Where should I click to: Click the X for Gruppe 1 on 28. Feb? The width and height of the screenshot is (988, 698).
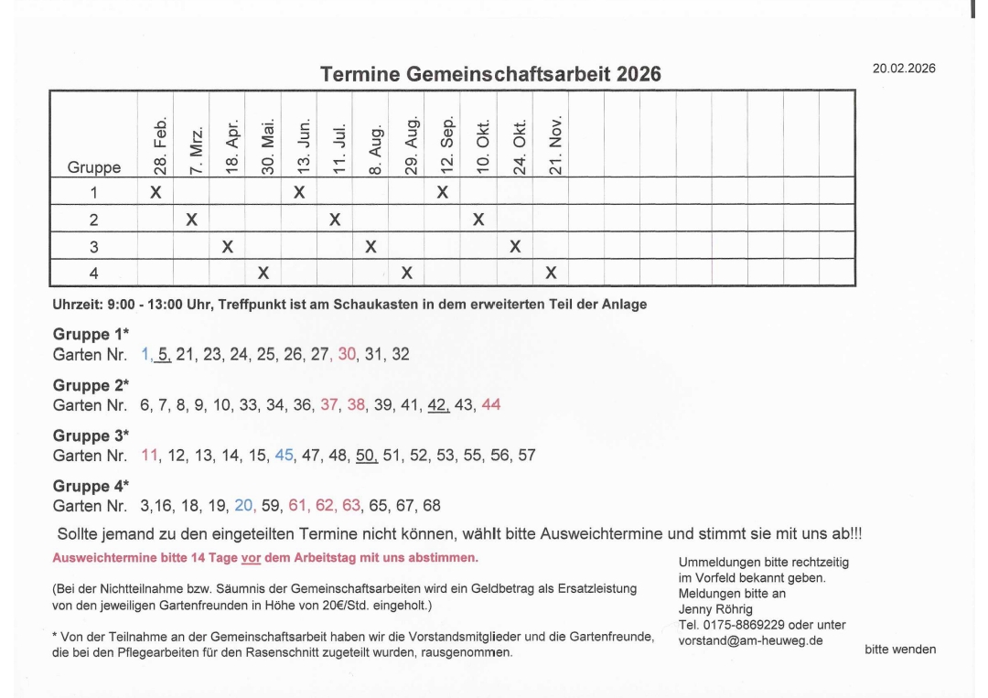pyautogui.click(x=156, y=192)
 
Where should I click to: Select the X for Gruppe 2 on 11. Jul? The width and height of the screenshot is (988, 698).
pyautogui.click(x=335, y=220)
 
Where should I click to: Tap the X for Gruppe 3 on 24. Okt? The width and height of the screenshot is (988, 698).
pyautogui.click(x=515, y=246)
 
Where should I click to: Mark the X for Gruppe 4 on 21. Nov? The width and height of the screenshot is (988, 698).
pyautogui.click(x=551, y=273)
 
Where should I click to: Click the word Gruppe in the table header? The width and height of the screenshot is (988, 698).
pyautogui.click(x=93, y=168)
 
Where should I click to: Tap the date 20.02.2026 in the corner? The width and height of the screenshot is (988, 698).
pyautogui.click(x=904, y=68)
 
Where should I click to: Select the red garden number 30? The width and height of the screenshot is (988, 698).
pyautogui.click(x=347, y=355)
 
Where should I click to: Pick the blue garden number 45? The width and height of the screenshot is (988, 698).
pyautogui.click(x=285, y=456)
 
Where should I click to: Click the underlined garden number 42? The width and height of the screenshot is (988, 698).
pyautogui.click(x=438, y=405)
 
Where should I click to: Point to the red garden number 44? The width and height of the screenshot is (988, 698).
pyautogui.click(x=490, y=405)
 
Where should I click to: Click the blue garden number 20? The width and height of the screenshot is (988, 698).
pyautogui.click(x=244, y=506)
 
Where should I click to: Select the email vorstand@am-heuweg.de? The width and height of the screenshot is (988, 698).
pyautogui.click(x=750, y=640)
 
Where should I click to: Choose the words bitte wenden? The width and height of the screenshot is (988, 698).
pyautogui.click(x=899, y=650)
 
